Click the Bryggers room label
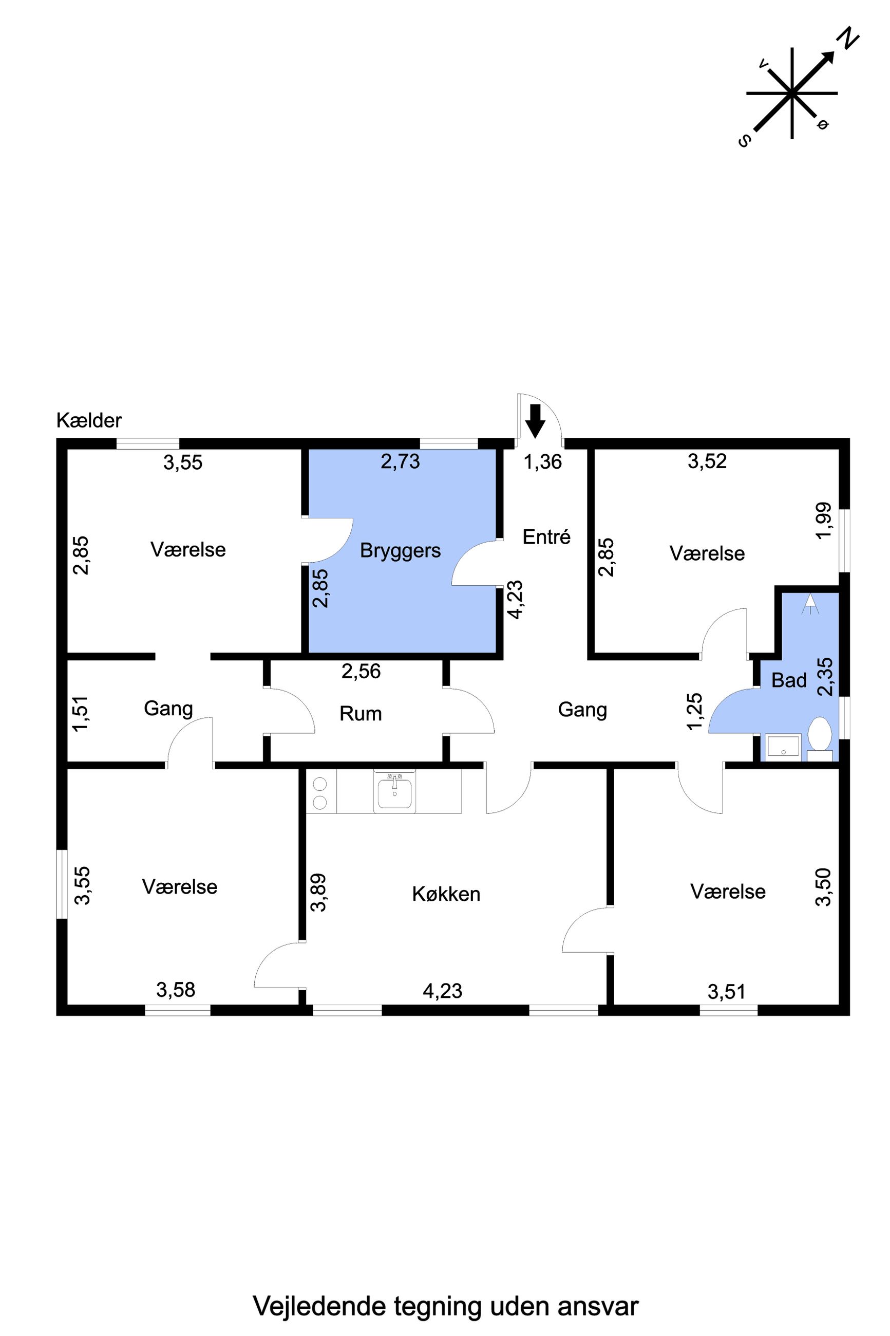click(400, 551)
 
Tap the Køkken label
click(446, 894)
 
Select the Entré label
click(546, 536)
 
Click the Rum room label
click(361, 713)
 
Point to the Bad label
click(789, 680)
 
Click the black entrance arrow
click(535, 421)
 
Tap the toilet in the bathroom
click(819, 738)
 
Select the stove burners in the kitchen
click(320, 793)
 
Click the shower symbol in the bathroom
click(810, 604)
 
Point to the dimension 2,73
click(400, 461)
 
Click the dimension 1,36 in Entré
click(543, 462)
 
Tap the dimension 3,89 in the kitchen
click(319, 893)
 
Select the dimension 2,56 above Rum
click(361, 672)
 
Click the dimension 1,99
click(824, 522)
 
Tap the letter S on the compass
click(745, 141)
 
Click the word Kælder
click(89, 421)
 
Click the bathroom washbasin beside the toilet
click(783, 747)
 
